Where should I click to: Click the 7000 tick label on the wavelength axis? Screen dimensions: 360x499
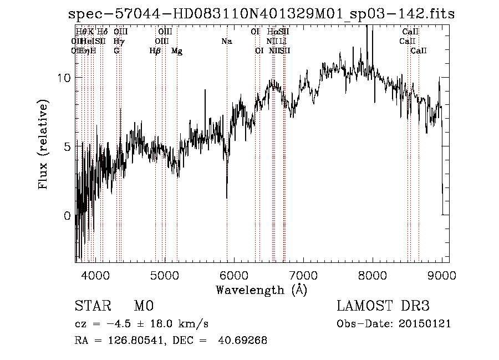[x=303, y=275]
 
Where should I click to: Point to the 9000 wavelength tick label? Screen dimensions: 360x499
[x=442, y=275]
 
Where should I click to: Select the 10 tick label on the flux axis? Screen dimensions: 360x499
[x=65, y=78]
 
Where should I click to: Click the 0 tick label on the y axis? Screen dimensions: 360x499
[x=68, y=216]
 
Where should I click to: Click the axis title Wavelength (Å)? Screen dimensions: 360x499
[x=261, y=289]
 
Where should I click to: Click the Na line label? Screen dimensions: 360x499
[x=226, y=41]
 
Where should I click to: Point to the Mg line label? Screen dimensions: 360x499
[x=177, y=51]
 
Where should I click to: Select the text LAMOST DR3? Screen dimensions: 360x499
[x=383, y=306]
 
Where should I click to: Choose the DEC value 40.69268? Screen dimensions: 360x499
[x=245, y=341]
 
